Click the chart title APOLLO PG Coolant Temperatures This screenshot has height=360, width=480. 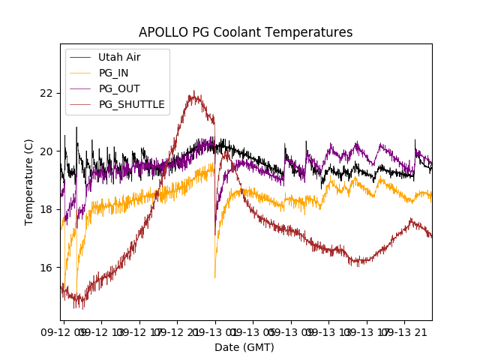click(x=245, y=32)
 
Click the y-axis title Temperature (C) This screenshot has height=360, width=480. click(x=29, y=181)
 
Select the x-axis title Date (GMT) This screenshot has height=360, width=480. click(x=244, y=347)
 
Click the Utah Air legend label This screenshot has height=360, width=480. click(x=119, y=57)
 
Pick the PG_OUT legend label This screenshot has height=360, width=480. click(x=119, y=88)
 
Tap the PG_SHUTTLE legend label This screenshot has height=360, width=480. click(x=132, y=104)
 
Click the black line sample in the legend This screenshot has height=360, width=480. click(x=80, y=57)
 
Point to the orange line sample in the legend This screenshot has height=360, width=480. click(x=80, y=73)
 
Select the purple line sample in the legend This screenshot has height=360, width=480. click(x=80, y=88)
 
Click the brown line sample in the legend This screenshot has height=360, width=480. click(x=80, y=104)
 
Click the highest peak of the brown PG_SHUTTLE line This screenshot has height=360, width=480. click(x=193, y=92)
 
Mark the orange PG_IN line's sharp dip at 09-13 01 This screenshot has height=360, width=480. click(x=215, y=277)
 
